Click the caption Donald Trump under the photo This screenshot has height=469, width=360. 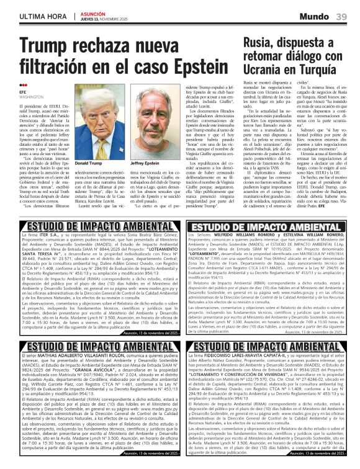click(x=88, y=163)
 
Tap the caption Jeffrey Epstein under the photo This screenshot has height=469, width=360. click(x=144, y=163)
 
